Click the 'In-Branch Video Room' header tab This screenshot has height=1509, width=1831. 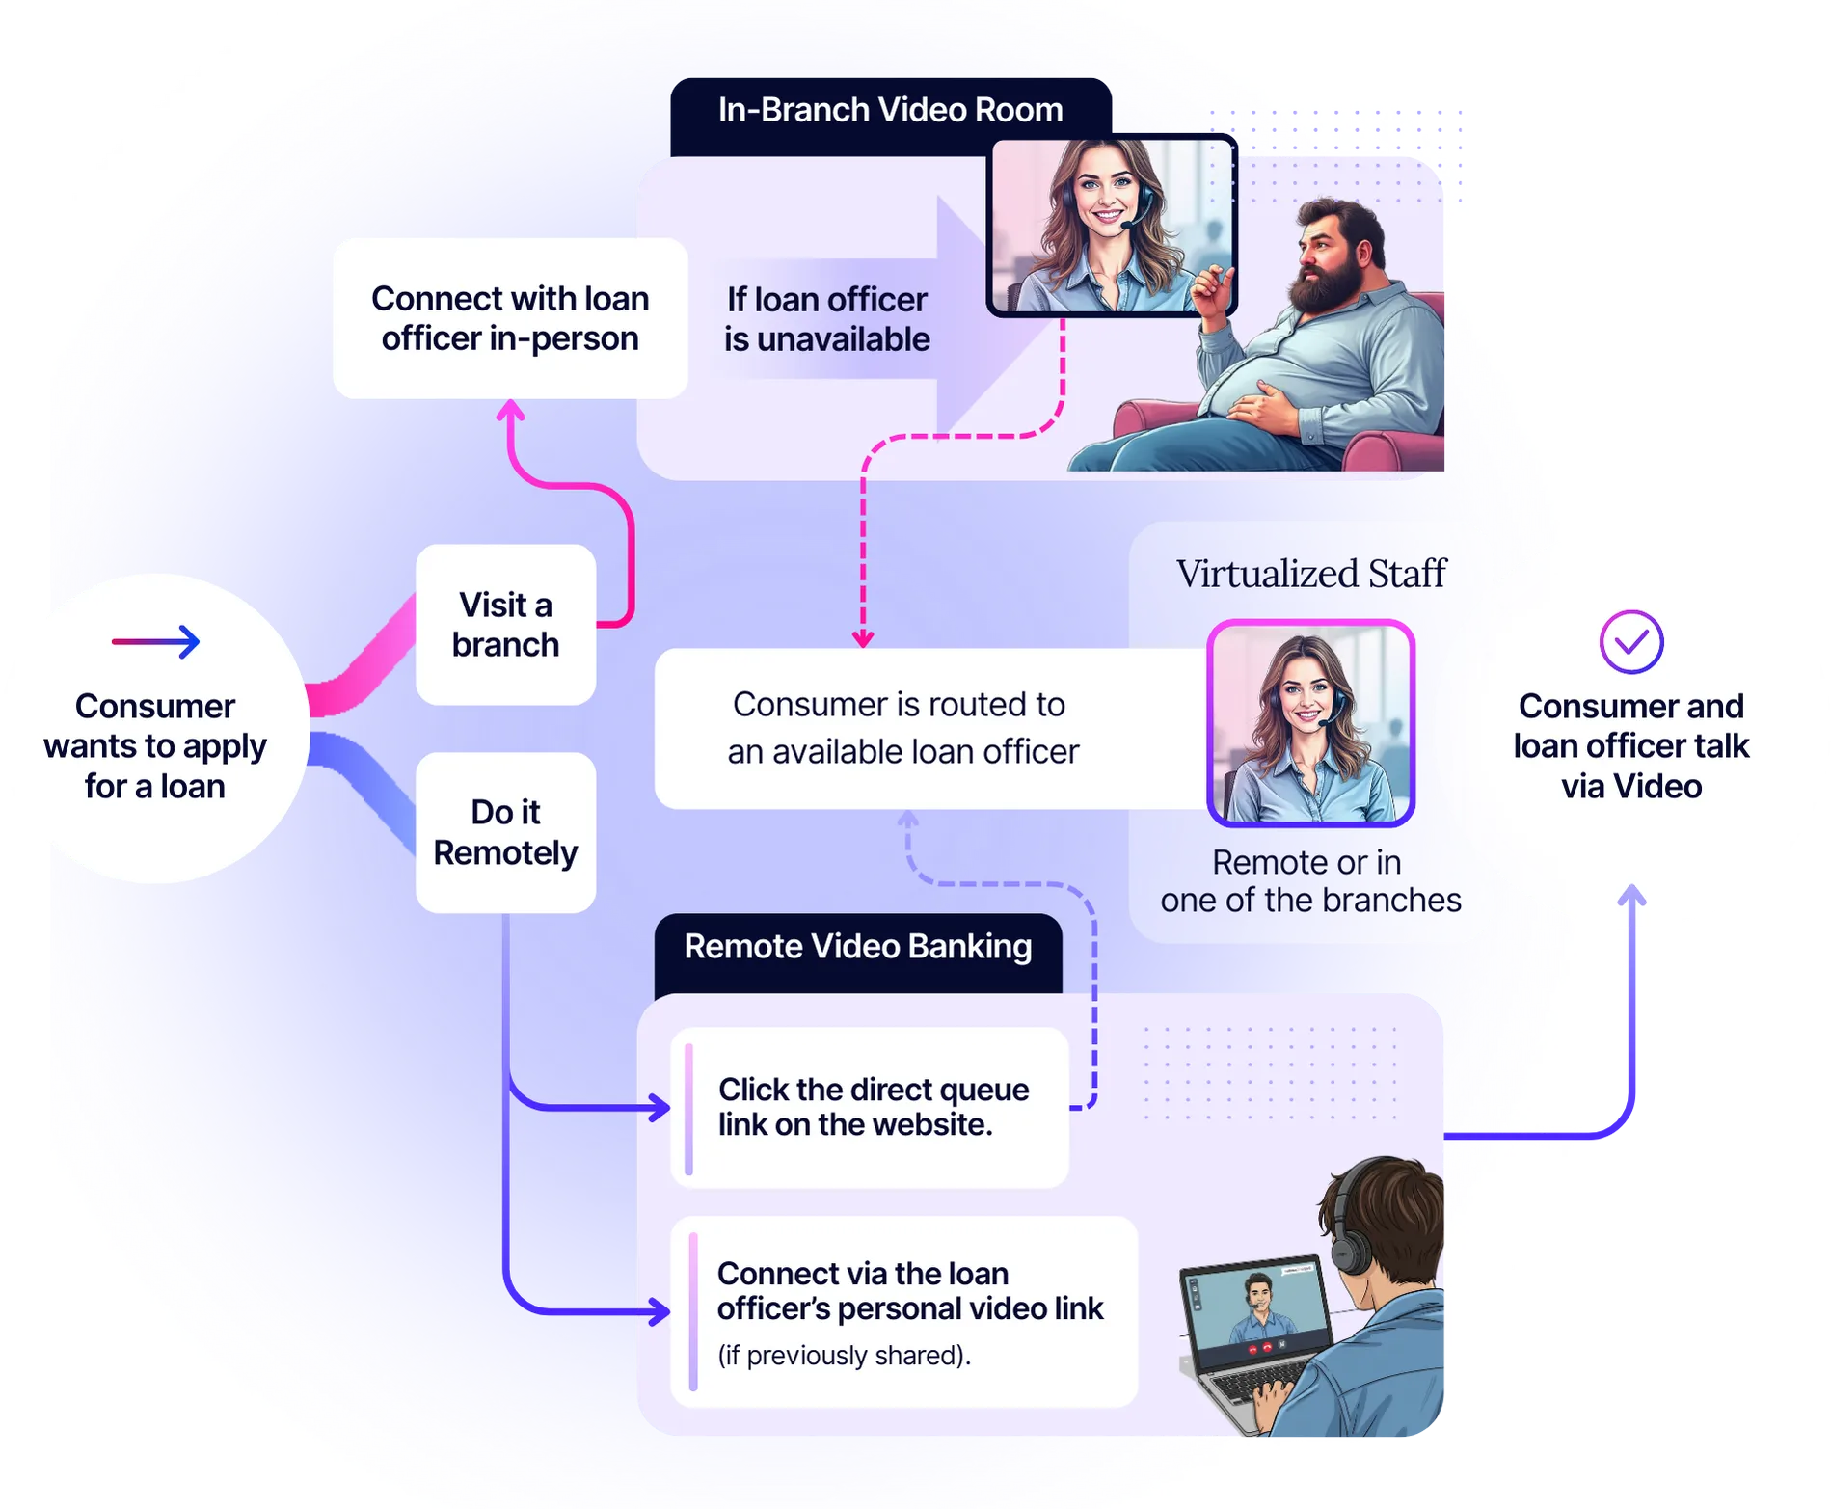pos(890,111)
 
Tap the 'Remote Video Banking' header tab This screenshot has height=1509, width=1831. pos(857,948)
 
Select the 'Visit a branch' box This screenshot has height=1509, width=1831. pos(505,625)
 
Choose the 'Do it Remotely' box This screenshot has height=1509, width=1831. pos(505,832)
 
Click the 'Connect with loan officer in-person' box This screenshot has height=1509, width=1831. pos(509,318)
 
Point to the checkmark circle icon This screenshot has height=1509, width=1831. pos(1630,642)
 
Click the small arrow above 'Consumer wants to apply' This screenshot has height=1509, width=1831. pos(156,641)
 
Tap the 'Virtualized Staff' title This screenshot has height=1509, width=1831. pos(1310,574)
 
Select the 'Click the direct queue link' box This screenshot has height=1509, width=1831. pos(872,1107)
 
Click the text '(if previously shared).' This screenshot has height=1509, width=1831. pos(844,1356)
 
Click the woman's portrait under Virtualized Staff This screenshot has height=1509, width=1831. pos(1310,723)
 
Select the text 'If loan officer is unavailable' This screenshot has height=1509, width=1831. pos(826,319)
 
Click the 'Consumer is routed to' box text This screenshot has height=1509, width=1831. pos(902,728)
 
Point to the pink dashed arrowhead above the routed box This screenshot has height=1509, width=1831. pos(863,639)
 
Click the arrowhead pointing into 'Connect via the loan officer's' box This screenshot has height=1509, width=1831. pos(660,1311)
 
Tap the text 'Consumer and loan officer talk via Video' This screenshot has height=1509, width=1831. pos(1630,746)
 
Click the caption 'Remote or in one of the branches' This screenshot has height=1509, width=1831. pos(1310,881)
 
